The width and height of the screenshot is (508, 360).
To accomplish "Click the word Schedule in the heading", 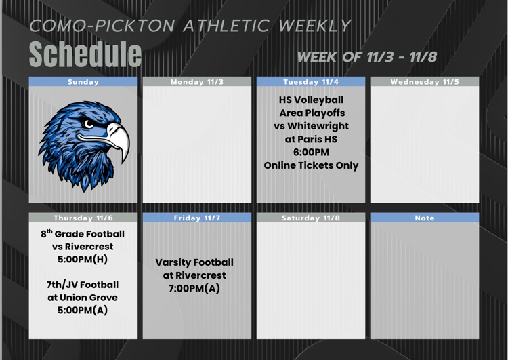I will (85, 54).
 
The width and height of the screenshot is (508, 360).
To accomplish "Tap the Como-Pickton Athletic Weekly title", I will (190, 26).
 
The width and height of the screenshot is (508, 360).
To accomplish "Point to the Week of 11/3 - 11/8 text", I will (366, 56).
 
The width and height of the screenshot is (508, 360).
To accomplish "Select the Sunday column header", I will (83, 81).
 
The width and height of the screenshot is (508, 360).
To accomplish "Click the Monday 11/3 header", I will (197, 81).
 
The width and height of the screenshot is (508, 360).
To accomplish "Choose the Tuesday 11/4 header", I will (311, 81).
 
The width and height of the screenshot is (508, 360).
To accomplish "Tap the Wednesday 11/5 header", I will (425, 81).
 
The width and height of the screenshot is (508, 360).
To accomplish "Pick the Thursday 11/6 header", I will (83, 218).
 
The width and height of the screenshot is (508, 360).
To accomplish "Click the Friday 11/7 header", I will (197, 218).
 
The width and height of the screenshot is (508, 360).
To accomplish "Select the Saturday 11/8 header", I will (311, 218).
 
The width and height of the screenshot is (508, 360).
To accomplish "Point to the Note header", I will (425, 218).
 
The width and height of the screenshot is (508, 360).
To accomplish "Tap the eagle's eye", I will (88, 123).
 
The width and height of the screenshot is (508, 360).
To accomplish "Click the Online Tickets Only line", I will (311, 165).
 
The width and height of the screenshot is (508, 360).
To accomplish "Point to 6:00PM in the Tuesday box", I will (311, 152).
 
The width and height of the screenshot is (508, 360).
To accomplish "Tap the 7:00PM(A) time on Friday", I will (194, 288).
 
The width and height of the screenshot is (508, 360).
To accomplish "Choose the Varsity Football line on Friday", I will (194, 262).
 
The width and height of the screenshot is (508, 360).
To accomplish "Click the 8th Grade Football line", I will (83, 235).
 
